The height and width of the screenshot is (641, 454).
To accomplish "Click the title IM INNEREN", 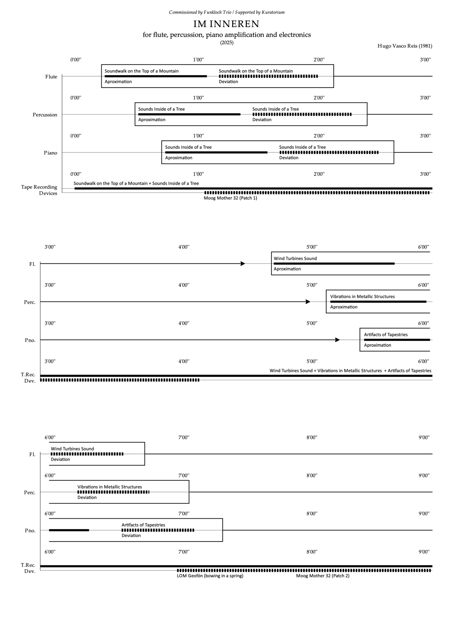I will (226, 24).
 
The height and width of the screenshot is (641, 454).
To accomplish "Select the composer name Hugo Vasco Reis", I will (405, 46).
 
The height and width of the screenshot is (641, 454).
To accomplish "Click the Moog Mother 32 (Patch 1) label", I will (230, 198).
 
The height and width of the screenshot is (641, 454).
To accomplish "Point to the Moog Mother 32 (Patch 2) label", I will (323, 576).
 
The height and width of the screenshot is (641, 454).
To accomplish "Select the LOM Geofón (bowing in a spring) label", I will (210, 576).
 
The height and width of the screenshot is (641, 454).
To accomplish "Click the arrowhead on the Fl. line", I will (243, 264).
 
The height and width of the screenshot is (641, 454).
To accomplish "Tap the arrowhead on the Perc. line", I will (308, 302).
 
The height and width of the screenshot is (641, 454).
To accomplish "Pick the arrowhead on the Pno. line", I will (337, 340).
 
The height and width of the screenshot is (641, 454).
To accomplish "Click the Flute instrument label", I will (51, 77).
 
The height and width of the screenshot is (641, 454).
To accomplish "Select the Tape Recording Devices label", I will (39, 190).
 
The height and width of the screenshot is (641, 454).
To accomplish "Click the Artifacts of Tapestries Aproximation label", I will (377, 345).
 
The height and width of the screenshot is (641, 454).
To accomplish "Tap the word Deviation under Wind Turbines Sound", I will (60, 459).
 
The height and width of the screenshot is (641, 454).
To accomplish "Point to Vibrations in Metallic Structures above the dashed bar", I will (110, 487).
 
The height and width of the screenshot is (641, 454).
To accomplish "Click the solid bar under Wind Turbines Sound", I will (334, 264).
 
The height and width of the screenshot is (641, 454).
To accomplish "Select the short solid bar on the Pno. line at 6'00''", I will (69, 530).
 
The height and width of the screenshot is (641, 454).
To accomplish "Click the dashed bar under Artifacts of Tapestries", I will (158, 530).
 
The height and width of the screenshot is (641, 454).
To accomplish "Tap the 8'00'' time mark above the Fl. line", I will (312, 437).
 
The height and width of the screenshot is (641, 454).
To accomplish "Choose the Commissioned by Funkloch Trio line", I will (227, 12).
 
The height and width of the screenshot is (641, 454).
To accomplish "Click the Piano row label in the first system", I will (50, 153).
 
